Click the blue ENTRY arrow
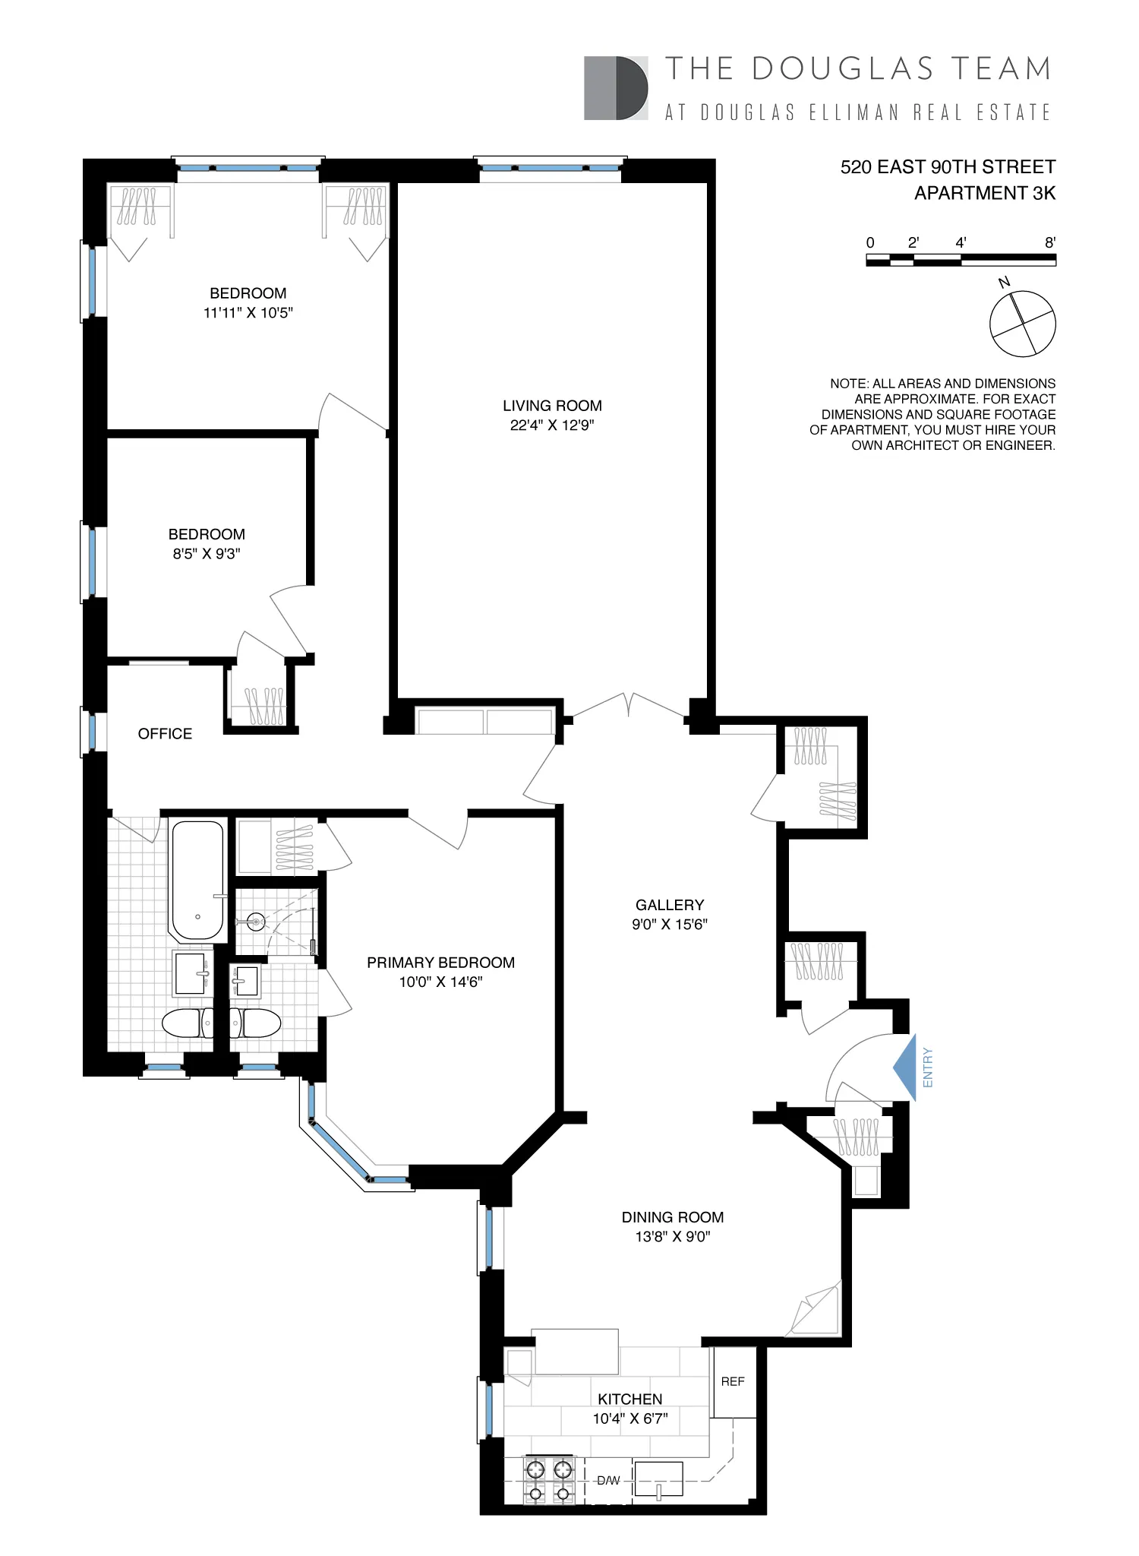coord(904,1067)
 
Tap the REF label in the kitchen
coord(733,1381)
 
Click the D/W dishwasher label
coord(608,1480)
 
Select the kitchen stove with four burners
coord(549,1480)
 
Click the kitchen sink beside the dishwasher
coord(658,1479)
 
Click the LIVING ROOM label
coord(552,406)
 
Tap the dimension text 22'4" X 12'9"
coord(552,425)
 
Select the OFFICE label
coord(165,733)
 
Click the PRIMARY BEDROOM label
coord(440,963)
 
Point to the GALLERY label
coord(670,905)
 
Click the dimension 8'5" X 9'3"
coord(207,554)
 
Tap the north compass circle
coord(1022,324)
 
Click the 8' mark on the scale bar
coord(1050,243)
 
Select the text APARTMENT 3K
coord(985,193)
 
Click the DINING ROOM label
coord(673,1217)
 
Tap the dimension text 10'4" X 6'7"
coord(630,1418)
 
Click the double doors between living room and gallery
coord(628,707)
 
